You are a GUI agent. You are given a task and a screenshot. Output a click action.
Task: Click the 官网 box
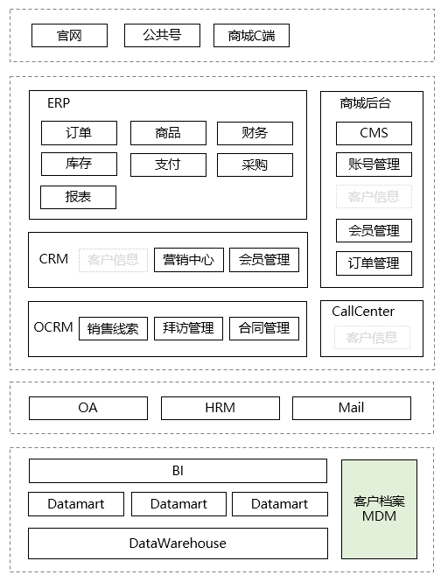point(69,35)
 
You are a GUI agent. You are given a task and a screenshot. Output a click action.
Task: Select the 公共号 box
point(163,35)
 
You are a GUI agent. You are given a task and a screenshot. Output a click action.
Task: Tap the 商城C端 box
point(251,36)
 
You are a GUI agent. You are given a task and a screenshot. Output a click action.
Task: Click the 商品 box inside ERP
point(168,133)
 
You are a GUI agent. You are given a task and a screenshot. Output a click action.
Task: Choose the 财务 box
point(255,133)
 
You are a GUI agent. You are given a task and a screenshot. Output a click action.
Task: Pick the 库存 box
point(79,164)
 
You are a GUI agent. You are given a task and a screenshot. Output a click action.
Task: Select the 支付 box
point(168,164)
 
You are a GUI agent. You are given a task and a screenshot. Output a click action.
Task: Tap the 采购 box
point(255,164)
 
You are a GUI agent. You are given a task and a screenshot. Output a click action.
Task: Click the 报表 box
point(79,197)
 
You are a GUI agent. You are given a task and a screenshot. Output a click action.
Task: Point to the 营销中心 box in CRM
point(189,259)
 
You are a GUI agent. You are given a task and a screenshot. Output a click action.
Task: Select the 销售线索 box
point(114,328)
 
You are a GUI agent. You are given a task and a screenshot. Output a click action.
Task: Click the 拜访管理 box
point(189,328)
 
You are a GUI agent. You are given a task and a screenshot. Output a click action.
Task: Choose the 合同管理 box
point(264,328)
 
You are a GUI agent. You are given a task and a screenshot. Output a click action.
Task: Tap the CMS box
point(374,133)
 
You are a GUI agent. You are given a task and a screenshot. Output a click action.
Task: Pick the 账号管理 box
point(374,165)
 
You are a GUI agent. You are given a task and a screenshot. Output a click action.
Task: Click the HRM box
point(220,408)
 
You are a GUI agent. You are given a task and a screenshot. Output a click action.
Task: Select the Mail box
point(351,408)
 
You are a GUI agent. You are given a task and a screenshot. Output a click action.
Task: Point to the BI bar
point(178,471)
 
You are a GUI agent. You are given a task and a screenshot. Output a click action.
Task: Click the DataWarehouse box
point(178,543)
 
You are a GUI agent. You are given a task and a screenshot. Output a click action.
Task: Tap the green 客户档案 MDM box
point(379,508)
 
